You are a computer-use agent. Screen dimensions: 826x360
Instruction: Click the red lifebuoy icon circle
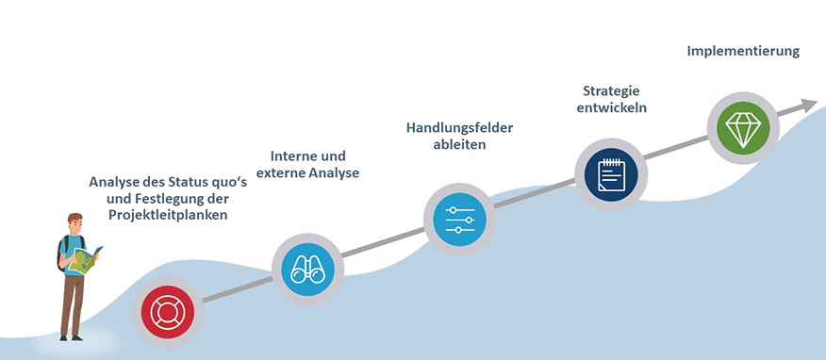click(167, 312)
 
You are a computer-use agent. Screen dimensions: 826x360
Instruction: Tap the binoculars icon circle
click(307, 270)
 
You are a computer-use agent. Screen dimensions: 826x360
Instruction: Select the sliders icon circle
click(459, 219)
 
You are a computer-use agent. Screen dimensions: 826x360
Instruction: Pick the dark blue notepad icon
click(611, 174)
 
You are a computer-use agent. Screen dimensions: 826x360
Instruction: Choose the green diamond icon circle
click(743, 128)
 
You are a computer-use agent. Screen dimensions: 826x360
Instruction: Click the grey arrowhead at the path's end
click(809, 106)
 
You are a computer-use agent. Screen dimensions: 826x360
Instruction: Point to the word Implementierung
click(743, 52)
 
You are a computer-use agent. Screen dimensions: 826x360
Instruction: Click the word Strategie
click(611, 90)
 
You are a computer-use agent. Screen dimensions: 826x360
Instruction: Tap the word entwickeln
click(612, 107)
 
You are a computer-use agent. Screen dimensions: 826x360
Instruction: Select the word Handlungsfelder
click(459, 128)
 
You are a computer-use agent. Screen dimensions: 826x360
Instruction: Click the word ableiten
click(459, 145)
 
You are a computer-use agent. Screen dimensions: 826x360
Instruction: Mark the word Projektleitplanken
click(168, 215)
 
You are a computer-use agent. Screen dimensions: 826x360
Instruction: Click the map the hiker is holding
click(85, 259)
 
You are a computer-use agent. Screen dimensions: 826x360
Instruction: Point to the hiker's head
click(75, 223)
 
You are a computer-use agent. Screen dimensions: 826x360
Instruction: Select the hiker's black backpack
click(62, 254)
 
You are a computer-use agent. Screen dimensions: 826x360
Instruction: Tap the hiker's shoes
click(71, 338)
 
